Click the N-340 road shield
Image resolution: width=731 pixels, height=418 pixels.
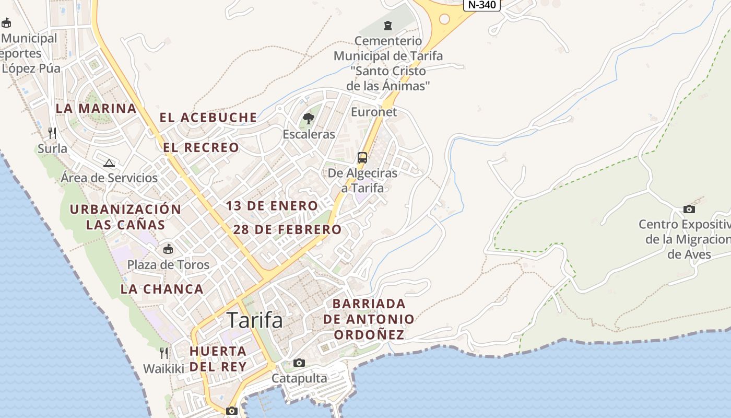pyautogui.click(x=481, y=5)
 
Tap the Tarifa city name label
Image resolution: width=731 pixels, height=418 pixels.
pyautogui.click(x=255, y=320)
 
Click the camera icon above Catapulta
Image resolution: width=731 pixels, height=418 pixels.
pyautogui.click(x=299, y=363)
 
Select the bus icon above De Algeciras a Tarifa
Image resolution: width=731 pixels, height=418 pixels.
pyautogui.click(x=362, y=157)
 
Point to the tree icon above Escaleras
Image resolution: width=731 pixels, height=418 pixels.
pyautogui.click(x=309, y=119)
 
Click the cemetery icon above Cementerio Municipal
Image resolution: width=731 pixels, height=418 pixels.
pyautogui.click(x=387, y=25)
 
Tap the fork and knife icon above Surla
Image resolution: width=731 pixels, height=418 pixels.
pyautogui.click(x=52, y=133)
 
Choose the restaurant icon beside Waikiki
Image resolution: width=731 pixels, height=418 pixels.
pyautogui.click(x=164, y=353)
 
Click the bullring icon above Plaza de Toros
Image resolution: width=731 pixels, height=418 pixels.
pyautogui.click(x=168, y=249)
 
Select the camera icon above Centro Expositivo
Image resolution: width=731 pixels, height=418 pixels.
pyautogui.click(x=689, y=210)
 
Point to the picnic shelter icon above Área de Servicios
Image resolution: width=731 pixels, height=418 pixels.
pyautogui.click(x=109, y=163)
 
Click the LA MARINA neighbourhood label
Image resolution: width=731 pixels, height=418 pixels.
pyautogui.click(x=96, y=109)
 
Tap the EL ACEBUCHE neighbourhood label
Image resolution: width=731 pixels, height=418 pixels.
pyautogui.click(x=208, y=118)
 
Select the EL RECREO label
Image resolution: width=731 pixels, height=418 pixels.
pyautogui.click(x=201, y=148)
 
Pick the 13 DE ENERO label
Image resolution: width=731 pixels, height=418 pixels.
pyautogui.click(x=272, y=206)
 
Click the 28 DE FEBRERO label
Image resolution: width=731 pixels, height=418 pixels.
pyautogui.click(x=287, y=229)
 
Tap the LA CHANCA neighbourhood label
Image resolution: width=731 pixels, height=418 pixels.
pyautogui.click(x=162, y=289)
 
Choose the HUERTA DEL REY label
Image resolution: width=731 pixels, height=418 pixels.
pyautogui.click(x=218, y=358)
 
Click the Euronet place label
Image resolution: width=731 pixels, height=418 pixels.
pyautogui.click(x=374, y=112)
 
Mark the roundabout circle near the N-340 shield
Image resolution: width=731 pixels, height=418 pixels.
pyautogui.click(x=444, y=19)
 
